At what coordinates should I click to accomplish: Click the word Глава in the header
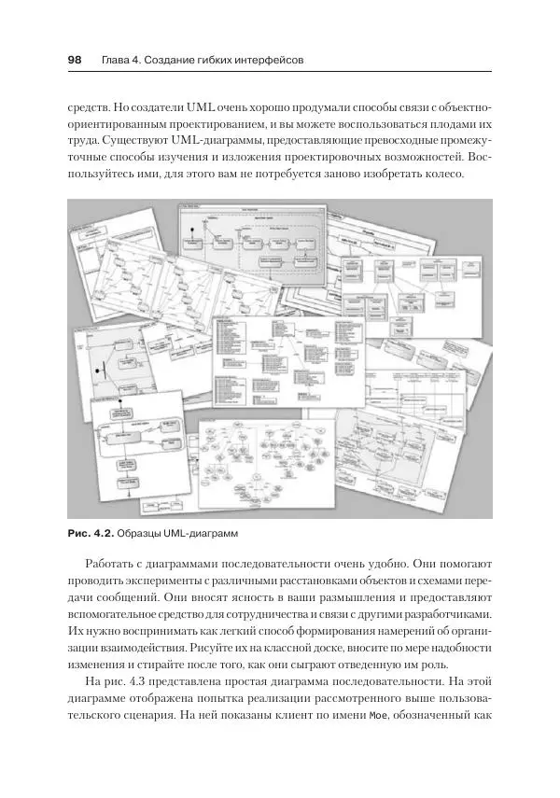[118, 61]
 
